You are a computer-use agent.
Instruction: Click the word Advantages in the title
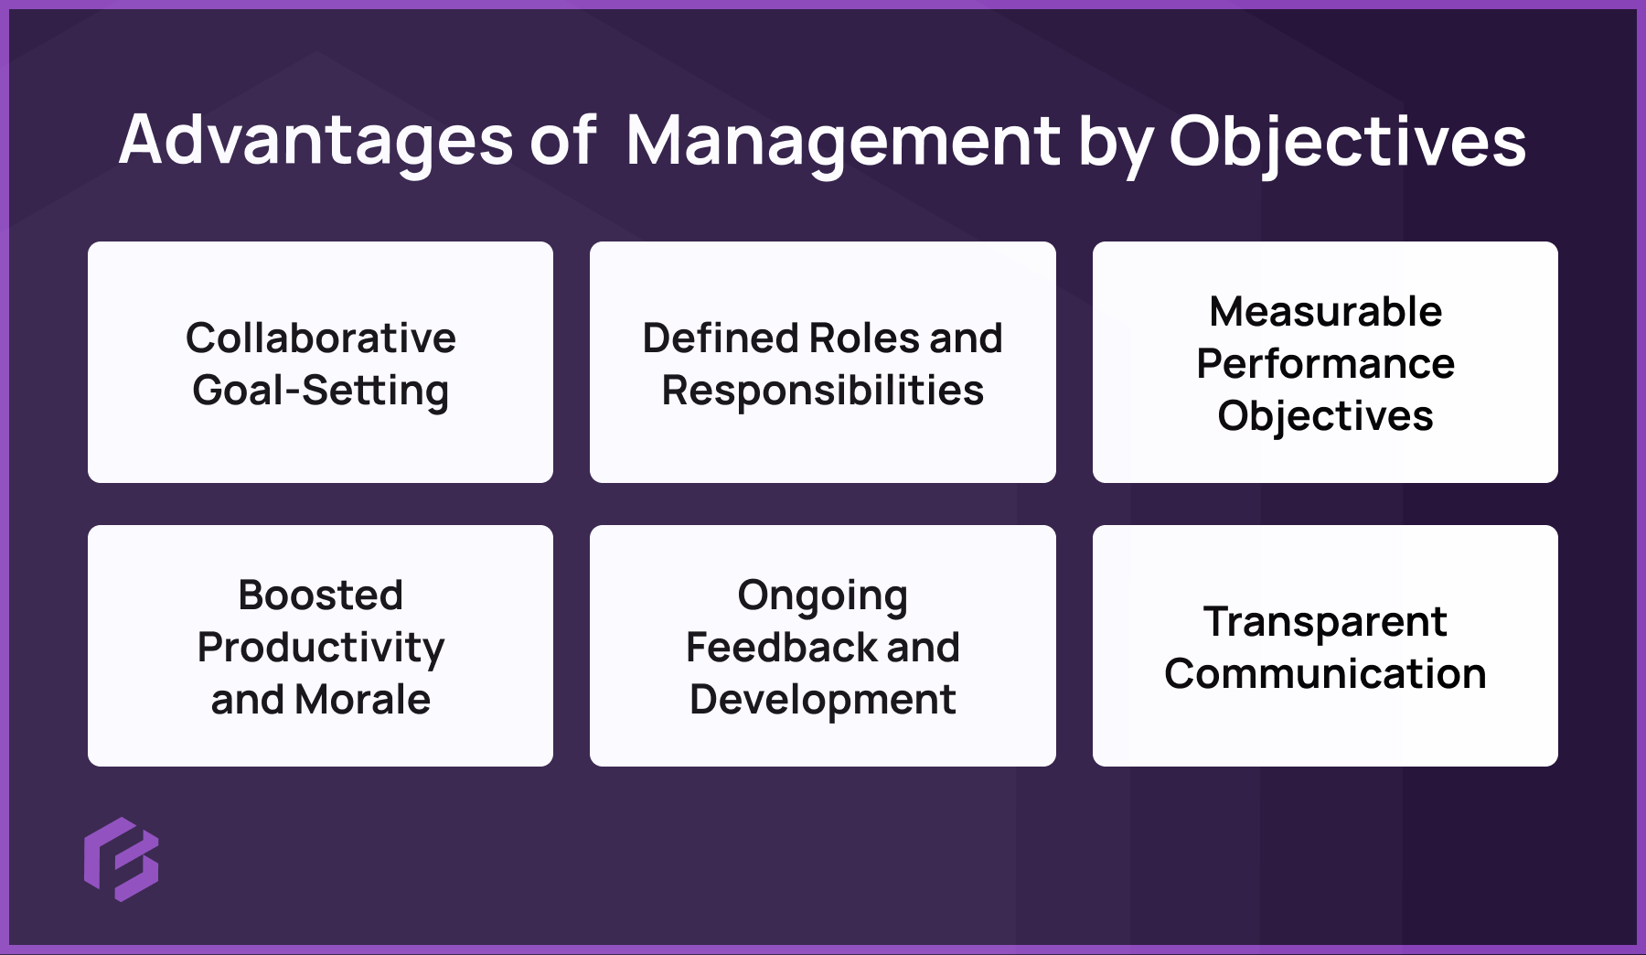[x=315, y=141]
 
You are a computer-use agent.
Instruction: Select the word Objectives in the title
[x=1347, y=143]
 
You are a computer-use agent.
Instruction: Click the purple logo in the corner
[x=122, y=859]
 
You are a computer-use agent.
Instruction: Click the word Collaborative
[x=320, y=338]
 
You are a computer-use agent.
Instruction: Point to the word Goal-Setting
[x=320, y=391]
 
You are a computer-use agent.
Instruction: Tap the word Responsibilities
[x=822, y=391]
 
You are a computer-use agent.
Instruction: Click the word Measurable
[x=1325, y=311]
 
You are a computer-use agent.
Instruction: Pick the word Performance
[x=1325, y=364]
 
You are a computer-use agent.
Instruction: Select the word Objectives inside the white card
[x=1325, y=416]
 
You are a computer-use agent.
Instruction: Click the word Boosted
[x=320, y=595]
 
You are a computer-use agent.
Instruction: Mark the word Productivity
[x=320, y=648]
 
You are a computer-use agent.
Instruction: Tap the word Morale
[x=363, y=700]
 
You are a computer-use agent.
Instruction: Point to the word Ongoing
[x=822, y=596]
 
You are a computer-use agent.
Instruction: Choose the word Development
[x=822, y=700]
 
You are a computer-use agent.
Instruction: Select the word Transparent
[x=1325, y=622]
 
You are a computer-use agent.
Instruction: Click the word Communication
[x=1325, y=674]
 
